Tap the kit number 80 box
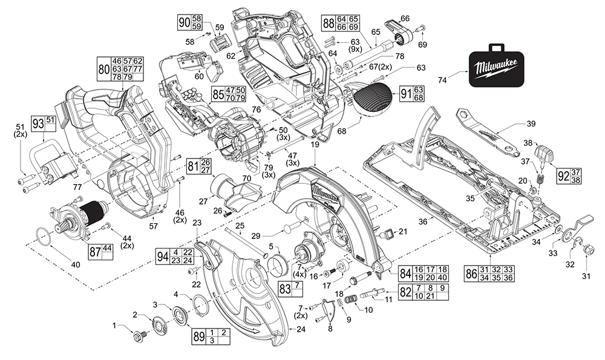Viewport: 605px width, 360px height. (121, 69)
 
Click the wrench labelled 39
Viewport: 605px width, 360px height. (490, 130)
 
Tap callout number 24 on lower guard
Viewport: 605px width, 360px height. (301, 329)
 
